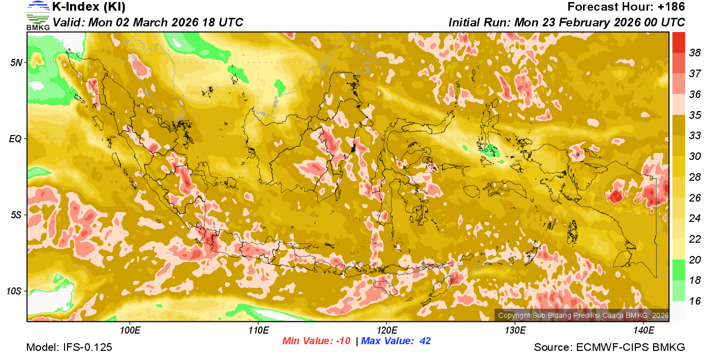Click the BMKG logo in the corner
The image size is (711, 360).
[38, 16]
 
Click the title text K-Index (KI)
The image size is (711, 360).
[89, 7]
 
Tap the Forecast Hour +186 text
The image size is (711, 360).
[626, 7]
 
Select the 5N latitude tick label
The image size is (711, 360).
[16, 62]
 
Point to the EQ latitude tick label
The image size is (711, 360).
[16, 138]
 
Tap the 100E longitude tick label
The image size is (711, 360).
[130, 331]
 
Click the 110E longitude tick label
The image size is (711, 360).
[258, 331]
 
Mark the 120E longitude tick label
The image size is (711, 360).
[386, 331]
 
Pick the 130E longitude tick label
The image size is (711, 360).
[515, 331]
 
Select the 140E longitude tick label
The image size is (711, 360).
[643, 331]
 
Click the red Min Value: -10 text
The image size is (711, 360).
[316, 341]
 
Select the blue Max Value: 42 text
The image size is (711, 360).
[396, 341]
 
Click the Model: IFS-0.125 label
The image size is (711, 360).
[69, 347]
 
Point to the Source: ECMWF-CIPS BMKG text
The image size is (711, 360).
[609, 347]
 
